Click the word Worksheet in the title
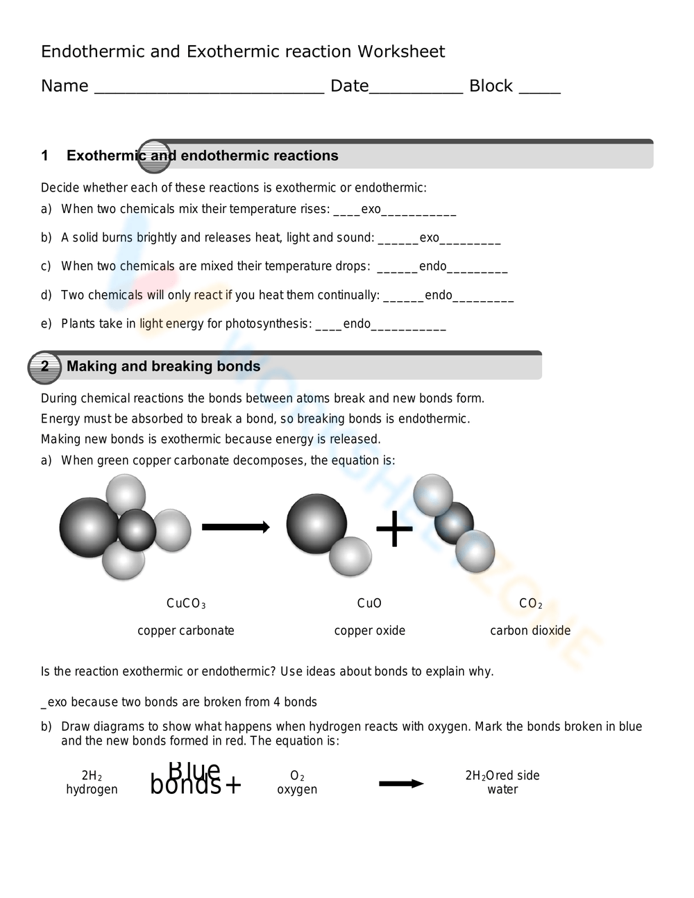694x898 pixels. [401, 52]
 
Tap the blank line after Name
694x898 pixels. [208, 90]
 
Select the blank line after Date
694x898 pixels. [416, 90]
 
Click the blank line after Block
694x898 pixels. [539, 90]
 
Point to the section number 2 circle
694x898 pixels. [44, 367]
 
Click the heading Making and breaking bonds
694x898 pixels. [163, 366]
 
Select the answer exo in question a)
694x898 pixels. [371, 209]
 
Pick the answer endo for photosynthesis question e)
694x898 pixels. [357, 323]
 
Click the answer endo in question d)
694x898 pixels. [438, 295]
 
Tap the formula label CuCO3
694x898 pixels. [186, 604]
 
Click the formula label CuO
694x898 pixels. [369, 604]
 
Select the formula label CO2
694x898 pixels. [530, 604]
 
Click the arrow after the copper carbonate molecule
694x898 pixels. [235, 527]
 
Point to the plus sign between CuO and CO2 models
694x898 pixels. [394, 529]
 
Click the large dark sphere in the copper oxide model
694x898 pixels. [316, 524]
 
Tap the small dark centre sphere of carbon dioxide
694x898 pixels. [454, 523]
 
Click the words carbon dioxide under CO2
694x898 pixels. [530, 631]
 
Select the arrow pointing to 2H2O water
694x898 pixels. [401, 783]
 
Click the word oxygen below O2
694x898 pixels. [297, 790]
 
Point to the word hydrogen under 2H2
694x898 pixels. [92, 790]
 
